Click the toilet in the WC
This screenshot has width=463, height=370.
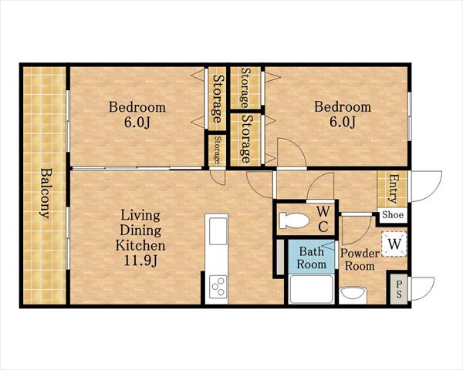pos(294,220)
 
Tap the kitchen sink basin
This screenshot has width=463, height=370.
pos(218,231)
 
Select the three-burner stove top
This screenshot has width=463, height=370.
pos(218,287)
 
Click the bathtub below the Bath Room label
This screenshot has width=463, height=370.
pos(312,289)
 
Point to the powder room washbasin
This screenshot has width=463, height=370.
pos(353,296)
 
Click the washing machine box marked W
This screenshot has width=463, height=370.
pos(394,244)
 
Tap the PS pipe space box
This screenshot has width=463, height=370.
pos(399,289)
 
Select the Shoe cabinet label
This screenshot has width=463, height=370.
pos(393,214)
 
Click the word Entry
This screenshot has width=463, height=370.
pos(393,189)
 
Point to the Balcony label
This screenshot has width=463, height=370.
pos(45,193)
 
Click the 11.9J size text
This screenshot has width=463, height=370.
pos(140,261)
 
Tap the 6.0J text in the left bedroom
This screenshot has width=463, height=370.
pos(137,123)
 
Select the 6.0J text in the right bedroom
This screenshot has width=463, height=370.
pos(343,122)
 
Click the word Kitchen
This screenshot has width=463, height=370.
pos(140,245)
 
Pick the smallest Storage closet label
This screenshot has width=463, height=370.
pos(218,150)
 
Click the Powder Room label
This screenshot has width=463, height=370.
pos(360,260)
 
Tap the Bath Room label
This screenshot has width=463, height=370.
pos(312,257)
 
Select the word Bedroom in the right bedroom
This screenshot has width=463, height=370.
pos(343,106)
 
